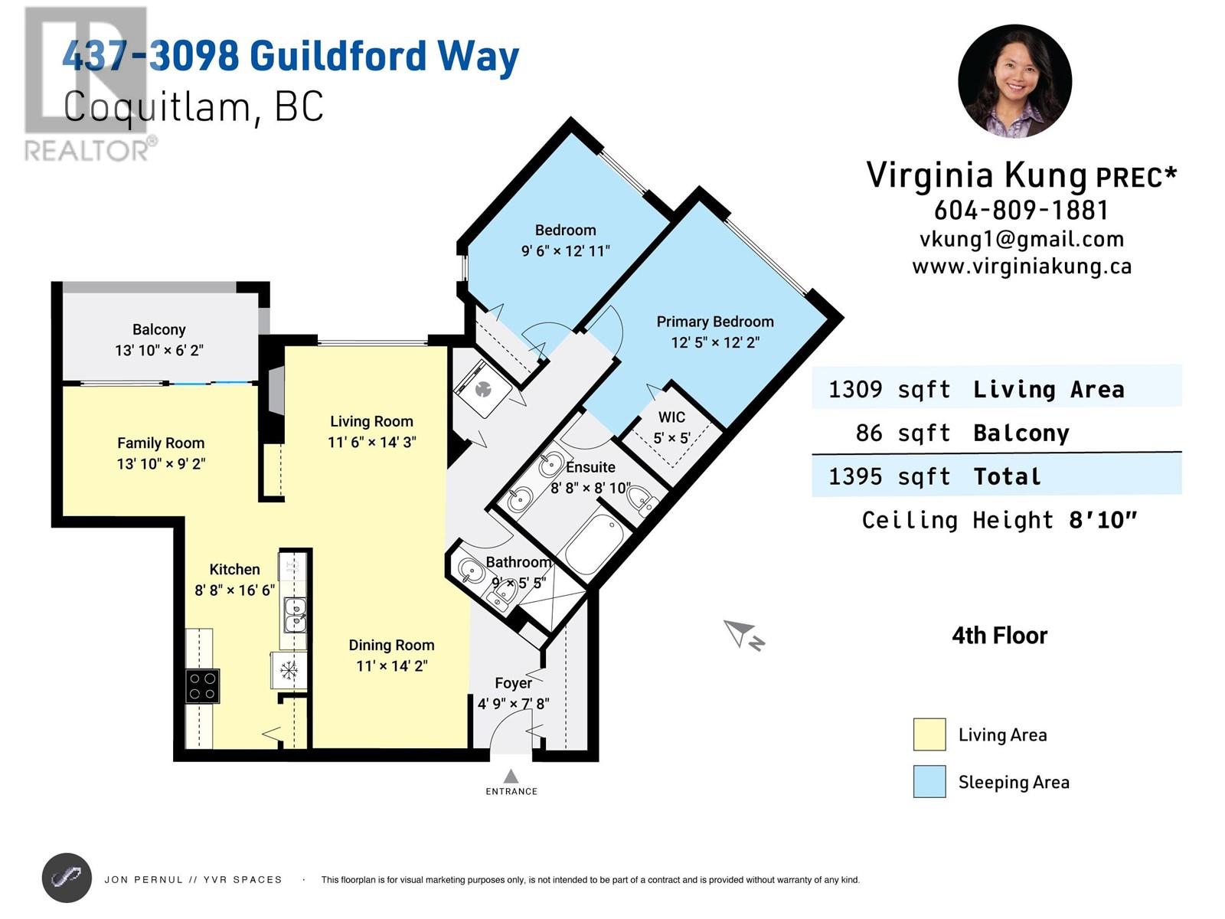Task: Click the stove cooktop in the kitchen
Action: [203, 686]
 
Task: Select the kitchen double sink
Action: [295, 615]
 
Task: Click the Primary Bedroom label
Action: [714, 322]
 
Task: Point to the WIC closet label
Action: [671, 417]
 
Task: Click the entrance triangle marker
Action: [511, 777]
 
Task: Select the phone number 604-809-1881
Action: [1021, 210]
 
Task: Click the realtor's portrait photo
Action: [1014, 81]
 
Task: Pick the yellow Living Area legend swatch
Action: [929, 734]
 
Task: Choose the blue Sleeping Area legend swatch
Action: [929, 782]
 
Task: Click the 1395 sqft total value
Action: [889, 476]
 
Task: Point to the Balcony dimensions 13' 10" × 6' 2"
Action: [159, 351]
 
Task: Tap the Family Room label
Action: [161, 443]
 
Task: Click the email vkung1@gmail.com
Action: [1021, 239]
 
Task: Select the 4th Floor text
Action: [999, 636]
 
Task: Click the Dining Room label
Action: [391, 645]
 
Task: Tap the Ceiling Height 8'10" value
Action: [1102, 521]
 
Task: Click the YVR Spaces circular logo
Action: [67, 878]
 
